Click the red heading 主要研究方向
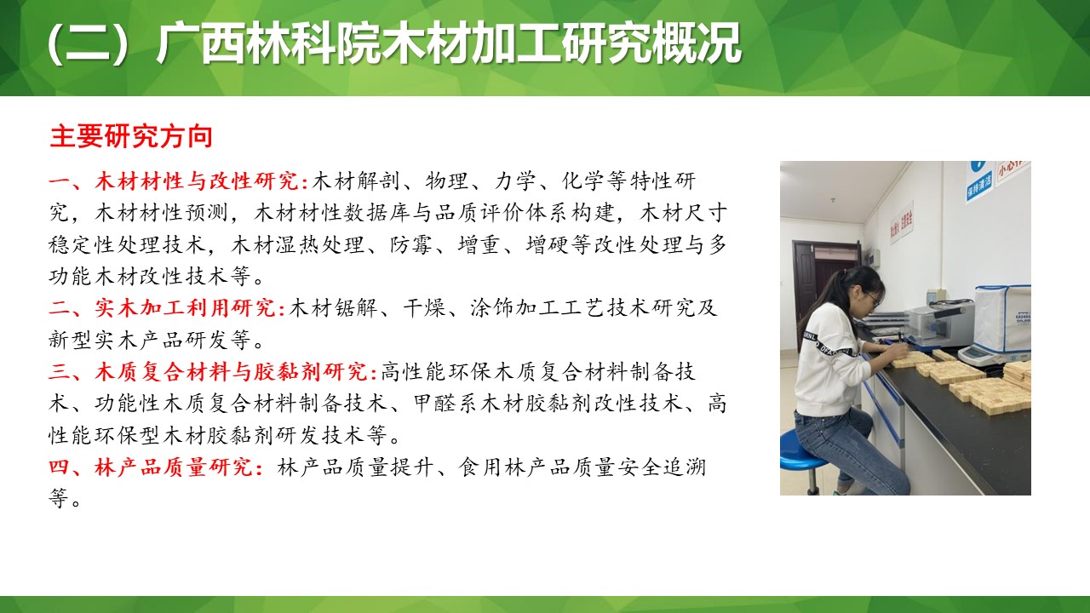pyautogui.click(x=130, y=137)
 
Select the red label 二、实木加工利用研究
pyautogui.click(x=167, y=308)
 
